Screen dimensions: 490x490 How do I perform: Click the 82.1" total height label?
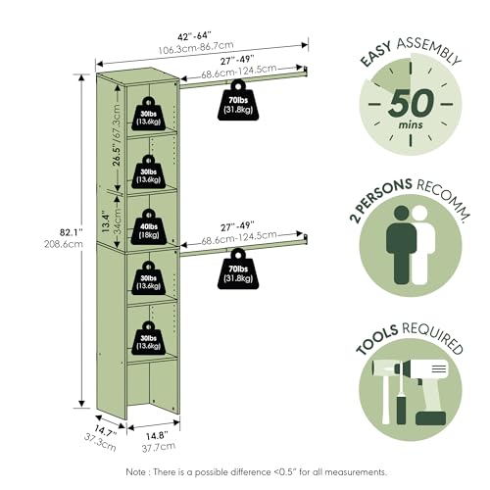[71, 232]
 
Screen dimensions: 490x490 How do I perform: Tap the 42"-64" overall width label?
[194, 35]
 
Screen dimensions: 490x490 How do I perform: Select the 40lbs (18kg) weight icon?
[149, 226]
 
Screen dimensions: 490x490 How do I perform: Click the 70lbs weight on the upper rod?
[238, 100]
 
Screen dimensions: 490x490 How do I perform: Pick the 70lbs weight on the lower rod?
[238, 269]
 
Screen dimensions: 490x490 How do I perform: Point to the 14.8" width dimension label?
[157, 436]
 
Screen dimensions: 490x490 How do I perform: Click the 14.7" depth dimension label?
[106, 431]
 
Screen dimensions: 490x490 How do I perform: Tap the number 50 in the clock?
[412, 103]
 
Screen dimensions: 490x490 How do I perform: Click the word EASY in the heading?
[375, 55]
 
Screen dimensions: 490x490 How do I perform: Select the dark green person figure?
[401, 245]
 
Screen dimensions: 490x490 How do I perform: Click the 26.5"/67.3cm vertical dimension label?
[117, 135]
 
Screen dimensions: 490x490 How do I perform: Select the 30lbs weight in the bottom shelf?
[149, 338]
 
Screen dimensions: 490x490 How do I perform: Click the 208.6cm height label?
[64, 244]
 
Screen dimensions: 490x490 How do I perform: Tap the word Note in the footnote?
[136, 471]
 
